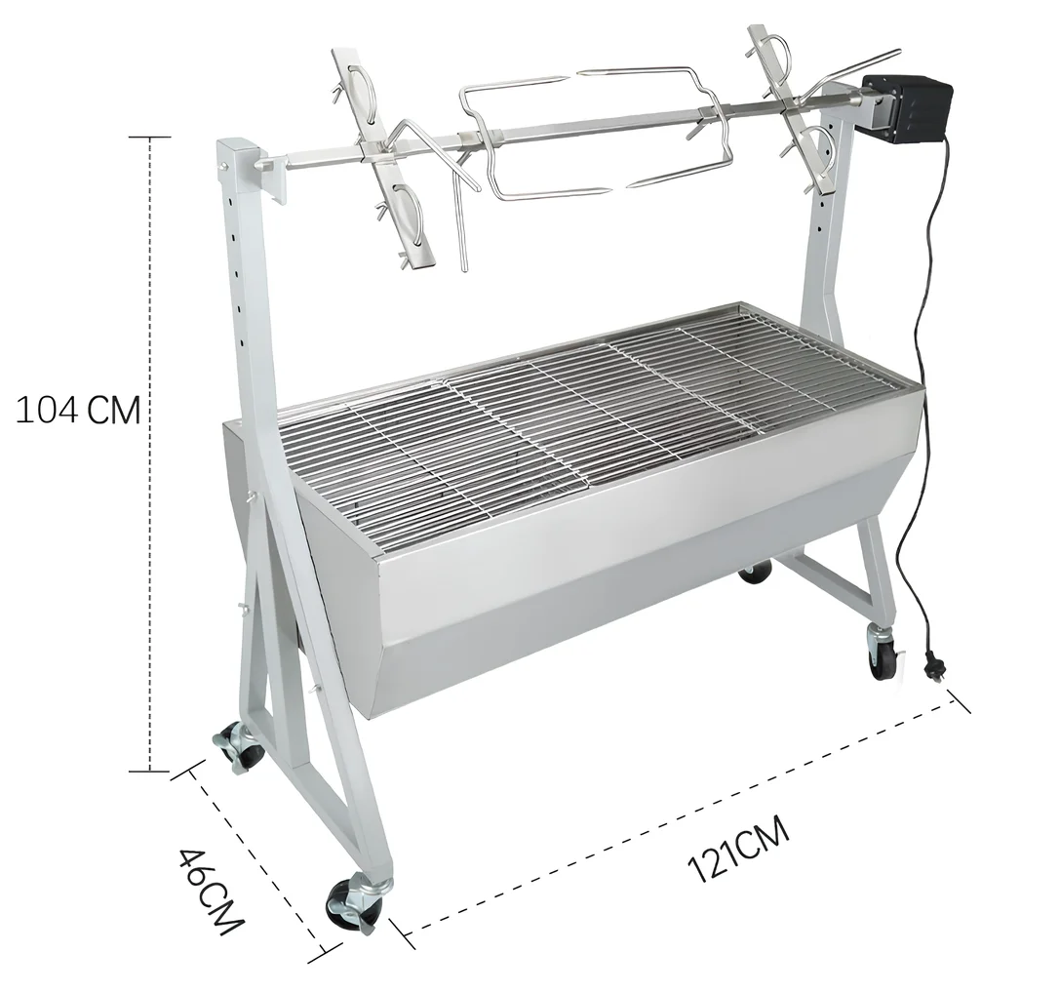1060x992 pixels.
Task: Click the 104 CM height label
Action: [x=78, y=411]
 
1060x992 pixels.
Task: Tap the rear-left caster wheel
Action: [x=240, y=746]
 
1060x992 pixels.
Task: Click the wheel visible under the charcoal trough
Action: [x=755, y=572]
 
